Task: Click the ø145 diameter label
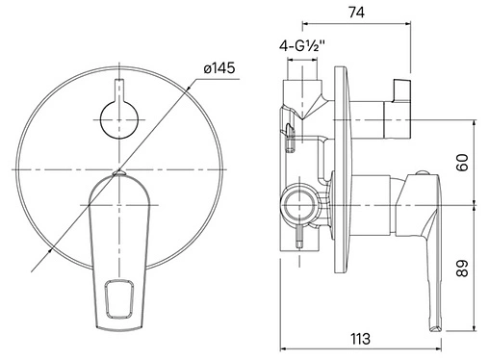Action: (x=219, y=68)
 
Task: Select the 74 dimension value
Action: (x=356, y=13)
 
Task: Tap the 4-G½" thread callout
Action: (x=302, y=46)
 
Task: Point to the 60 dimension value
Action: (x=462, y=163)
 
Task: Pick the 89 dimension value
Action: (x=462, y=269)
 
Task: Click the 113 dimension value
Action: (x=360, y=339)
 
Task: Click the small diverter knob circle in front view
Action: (x=119, y=120)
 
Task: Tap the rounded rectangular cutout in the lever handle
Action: (x=119, y=299)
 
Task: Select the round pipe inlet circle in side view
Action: (x=299, y=204)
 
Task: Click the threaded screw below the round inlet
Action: (x=299, y=237)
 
